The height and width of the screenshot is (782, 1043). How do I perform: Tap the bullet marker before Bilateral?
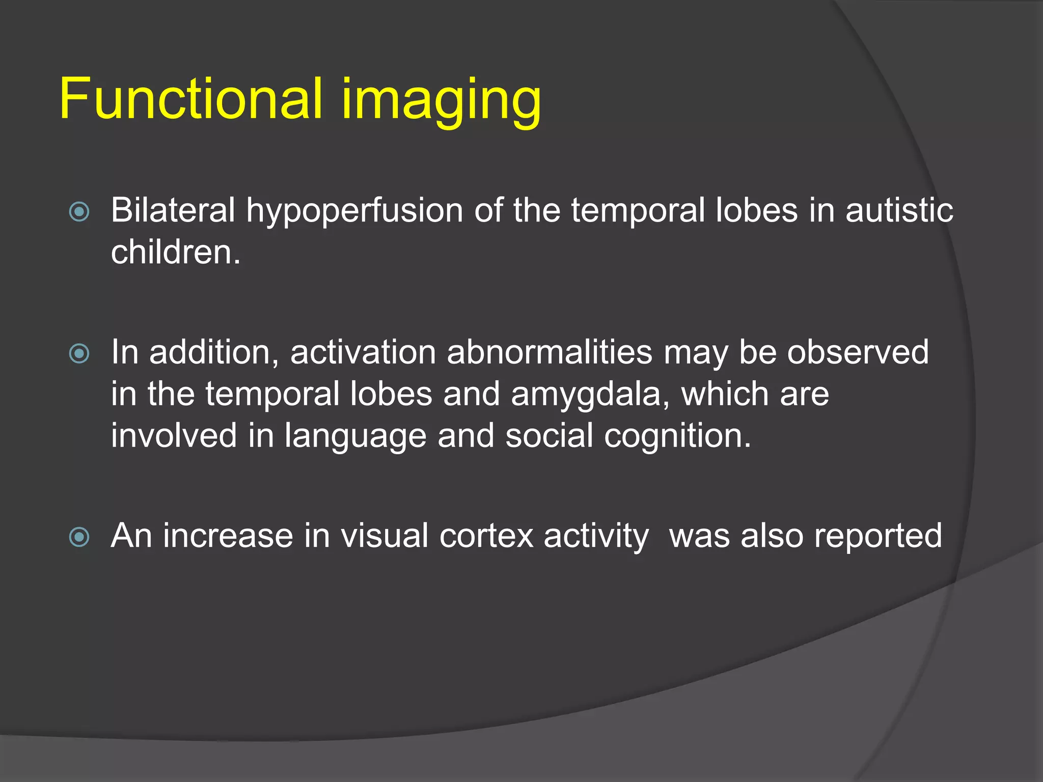point(79,212)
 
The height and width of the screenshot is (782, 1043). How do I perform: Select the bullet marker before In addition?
point(79,353)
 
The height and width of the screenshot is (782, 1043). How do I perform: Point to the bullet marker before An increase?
point(79,537)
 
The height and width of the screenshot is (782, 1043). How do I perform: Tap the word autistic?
point(899,210)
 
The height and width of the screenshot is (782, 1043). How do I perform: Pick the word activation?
point(363,352)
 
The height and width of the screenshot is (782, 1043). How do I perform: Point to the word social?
point(549,436)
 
